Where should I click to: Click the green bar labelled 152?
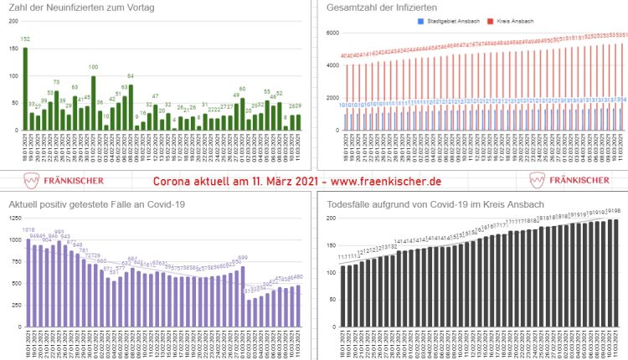25,89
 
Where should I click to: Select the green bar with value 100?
93,102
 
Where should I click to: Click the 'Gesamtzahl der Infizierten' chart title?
383,8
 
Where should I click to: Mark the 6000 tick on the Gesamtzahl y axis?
332,33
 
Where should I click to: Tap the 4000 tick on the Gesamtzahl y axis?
332,65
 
